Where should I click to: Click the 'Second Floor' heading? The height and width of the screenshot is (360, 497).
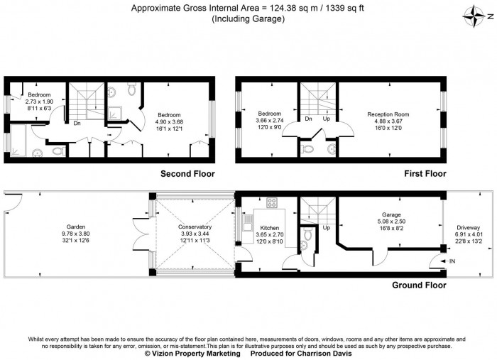(x=187, y=174)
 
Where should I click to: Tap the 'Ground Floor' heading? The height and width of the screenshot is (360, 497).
(x=419, y=285)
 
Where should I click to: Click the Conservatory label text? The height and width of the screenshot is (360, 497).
(x=195, y=227)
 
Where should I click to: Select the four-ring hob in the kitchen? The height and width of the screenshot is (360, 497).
(x=271, y=202)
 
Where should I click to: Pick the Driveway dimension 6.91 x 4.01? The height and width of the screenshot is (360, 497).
(x=468, y=234)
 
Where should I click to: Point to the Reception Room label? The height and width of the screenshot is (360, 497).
(x=388, y=114)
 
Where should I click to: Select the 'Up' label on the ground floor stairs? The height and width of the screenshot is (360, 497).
(x=327, y=228)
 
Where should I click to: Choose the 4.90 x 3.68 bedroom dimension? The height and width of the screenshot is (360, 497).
(x=169, y=121)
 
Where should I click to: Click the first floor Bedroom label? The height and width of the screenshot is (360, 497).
(x=270, y=114)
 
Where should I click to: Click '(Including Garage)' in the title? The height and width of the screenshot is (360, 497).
(x=248, y=19)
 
